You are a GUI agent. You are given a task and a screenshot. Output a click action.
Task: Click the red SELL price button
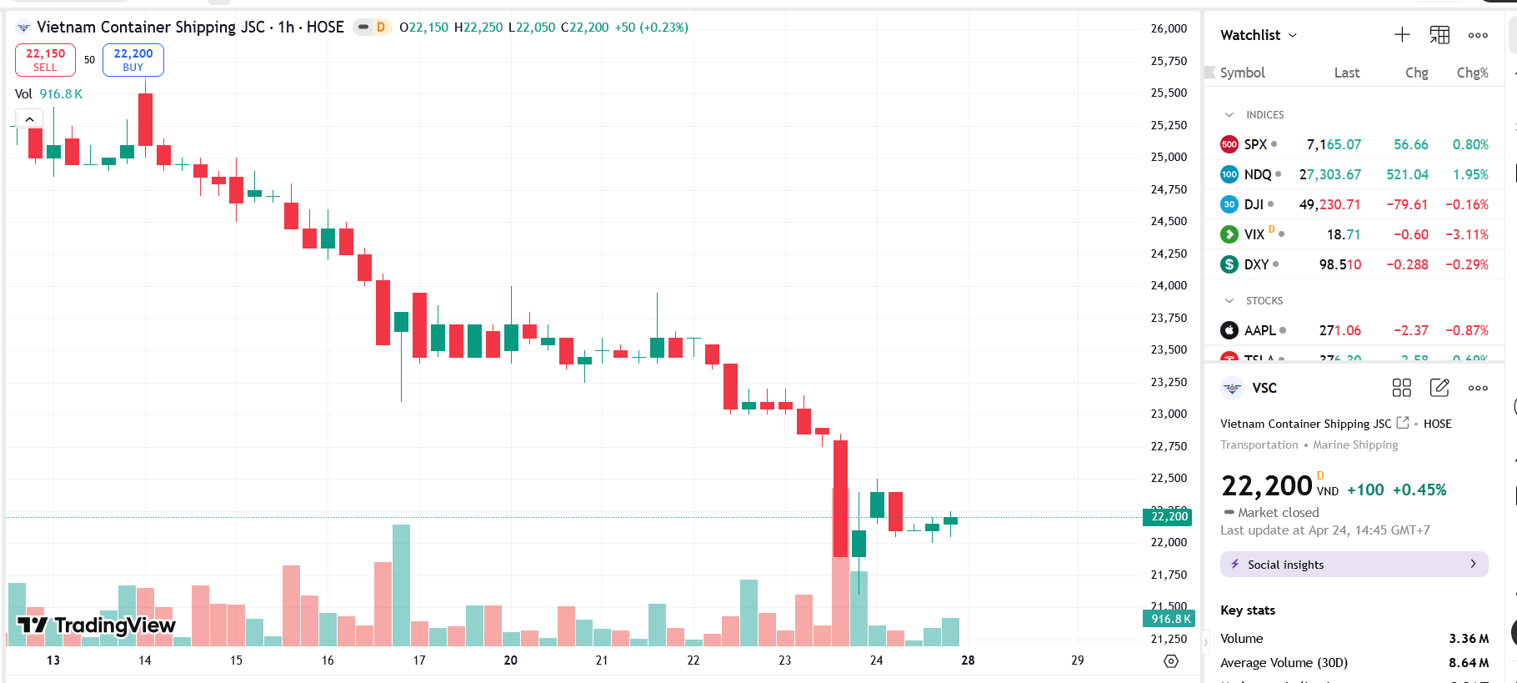pos(45,60)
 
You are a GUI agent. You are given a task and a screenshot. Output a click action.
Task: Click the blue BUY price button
pos(133,60)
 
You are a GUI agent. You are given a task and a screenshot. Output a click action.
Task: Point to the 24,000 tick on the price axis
pos(1169,285)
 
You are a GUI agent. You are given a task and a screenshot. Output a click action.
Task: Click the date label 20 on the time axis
pos(510,660)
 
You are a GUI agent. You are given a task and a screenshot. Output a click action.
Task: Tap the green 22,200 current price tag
pos(1169,517)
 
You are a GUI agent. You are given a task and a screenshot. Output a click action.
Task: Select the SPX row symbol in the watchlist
pos(1255,144)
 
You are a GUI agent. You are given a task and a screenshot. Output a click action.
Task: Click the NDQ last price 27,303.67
pos(1329,174)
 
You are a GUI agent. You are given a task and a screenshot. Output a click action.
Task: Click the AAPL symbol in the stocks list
pos(1259,330)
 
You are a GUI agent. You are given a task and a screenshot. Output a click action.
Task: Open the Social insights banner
pos(1354,565)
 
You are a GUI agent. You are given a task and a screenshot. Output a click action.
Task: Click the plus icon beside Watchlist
pos(1402,35)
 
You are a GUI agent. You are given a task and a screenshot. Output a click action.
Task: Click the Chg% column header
pos(1472,73)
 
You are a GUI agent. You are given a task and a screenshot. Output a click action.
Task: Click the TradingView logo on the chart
pos(97,625)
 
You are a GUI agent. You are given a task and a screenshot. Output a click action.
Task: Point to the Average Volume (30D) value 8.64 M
pos(1468,663)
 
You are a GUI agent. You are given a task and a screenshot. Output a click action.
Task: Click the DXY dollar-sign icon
pos(1229,264)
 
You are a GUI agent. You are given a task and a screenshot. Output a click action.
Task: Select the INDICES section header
pos(1264,115)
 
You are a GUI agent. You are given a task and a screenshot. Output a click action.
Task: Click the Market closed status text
pos(1278,513)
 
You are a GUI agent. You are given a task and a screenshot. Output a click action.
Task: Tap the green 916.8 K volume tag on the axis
pos(1169,619)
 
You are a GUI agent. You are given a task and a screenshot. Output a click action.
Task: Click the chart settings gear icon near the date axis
pos(1171,661)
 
